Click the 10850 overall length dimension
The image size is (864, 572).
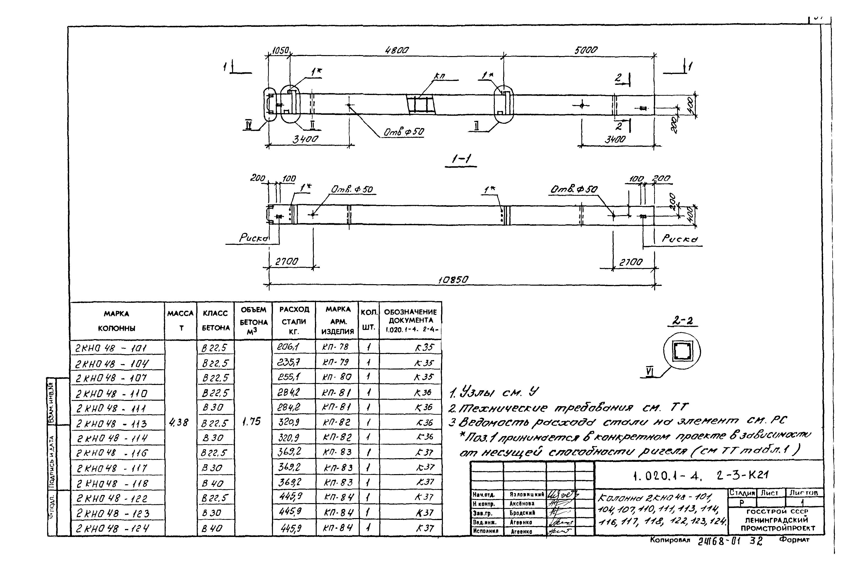coord(453,280)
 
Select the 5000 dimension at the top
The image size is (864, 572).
coord(586,50)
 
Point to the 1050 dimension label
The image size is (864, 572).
coord(280,50)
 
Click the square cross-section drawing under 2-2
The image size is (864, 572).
coord(681,351)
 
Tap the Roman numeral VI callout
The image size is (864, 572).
coord(650,372)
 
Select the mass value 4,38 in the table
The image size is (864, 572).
coord(179,422)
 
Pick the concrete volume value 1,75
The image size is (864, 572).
coord(251,422)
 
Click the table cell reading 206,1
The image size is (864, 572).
coord(288,347)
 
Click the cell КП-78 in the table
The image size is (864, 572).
coord(335,347)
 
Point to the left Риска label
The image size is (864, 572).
coord(253,238)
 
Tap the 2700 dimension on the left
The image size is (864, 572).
coord(286,261)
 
